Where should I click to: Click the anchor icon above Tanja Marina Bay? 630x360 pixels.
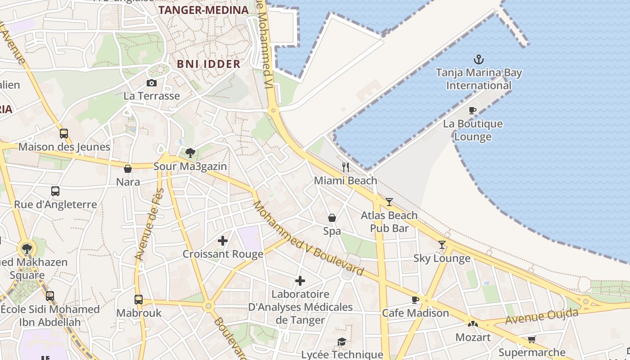(479, 59)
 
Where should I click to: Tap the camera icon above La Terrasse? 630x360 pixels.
(152, 83)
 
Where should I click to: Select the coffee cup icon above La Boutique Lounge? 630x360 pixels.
(472, 110)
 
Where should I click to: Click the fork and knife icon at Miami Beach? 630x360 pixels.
(346, 167)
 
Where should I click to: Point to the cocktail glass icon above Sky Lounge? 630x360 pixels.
(442, 245)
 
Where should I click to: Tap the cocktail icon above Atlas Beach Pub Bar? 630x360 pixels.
(389, 202)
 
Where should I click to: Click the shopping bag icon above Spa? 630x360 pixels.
(332, 218)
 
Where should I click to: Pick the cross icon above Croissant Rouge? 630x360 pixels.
(223, 241)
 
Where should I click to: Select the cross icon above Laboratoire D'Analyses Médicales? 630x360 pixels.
(300, 281)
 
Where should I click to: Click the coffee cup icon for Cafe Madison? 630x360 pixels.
(415, 300)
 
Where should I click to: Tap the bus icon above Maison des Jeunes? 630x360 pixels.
(64, 133)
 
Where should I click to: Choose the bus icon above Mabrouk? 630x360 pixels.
(139, 299)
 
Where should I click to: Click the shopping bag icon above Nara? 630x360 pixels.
(128, 169)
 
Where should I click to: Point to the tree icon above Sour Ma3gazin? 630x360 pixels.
(190, 153)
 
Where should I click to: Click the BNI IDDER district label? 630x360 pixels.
(209, 64)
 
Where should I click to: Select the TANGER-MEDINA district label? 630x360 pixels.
(203, 10)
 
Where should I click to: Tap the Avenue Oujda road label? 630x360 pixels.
(541, 316)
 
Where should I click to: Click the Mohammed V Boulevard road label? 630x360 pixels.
(308, 238)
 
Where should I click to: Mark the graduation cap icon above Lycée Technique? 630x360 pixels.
(342, 342)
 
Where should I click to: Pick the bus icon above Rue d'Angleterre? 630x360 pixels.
(55, 191)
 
